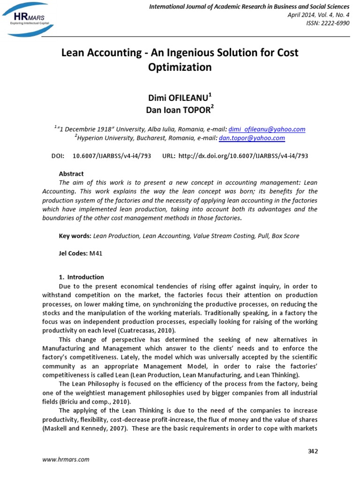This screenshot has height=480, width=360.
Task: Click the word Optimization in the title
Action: [180, 67]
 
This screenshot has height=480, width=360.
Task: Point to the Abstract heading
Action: [71, 173]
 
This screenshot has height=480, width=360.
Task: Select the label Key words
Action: [75, 236]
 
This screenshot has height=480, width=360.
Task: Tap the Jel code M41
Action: [96, 254]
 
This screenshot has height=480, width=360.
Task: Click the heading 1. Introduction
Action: [82, 277]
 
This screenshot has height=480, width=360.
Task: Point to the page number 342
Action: [312, 451]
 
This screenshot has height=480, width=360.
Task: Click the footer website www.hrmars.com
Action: [66, 460]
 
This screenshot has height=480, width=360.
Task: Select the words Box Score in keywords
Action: [285, 236]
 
